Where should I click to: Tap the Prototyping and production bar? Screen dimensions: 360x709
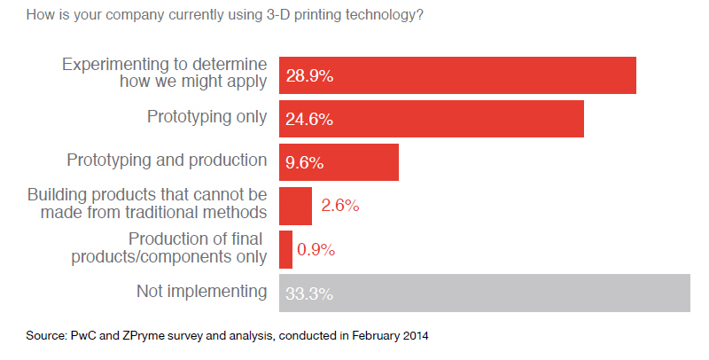(x=339, y=162)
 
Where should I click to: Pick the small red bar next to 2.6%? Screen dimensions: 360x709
(x=295, y=206)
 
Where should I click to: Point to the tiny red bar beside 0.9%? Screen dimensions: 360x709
(x=285, y=249)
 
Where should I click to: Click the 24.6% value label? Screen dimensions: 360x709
(x=309, y=120)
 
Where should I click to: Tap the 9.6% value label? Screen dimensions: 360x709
(x=305, y=163)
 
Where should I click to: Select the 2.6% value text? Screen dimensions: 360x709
(x=339, y=207)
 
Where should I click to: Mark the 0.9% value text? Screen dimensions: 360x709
(x=316, y=250)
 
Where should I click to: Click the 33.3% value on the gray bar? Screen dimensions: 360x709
(x=309, y=293)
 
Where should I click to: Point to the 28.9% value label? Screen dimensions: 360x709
(x=309, y=76)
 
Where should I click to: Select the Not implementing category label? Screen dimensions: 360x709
(x=201, y=290)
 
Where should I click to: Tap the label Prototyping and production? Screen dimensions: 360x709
(x=167, y=160)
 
